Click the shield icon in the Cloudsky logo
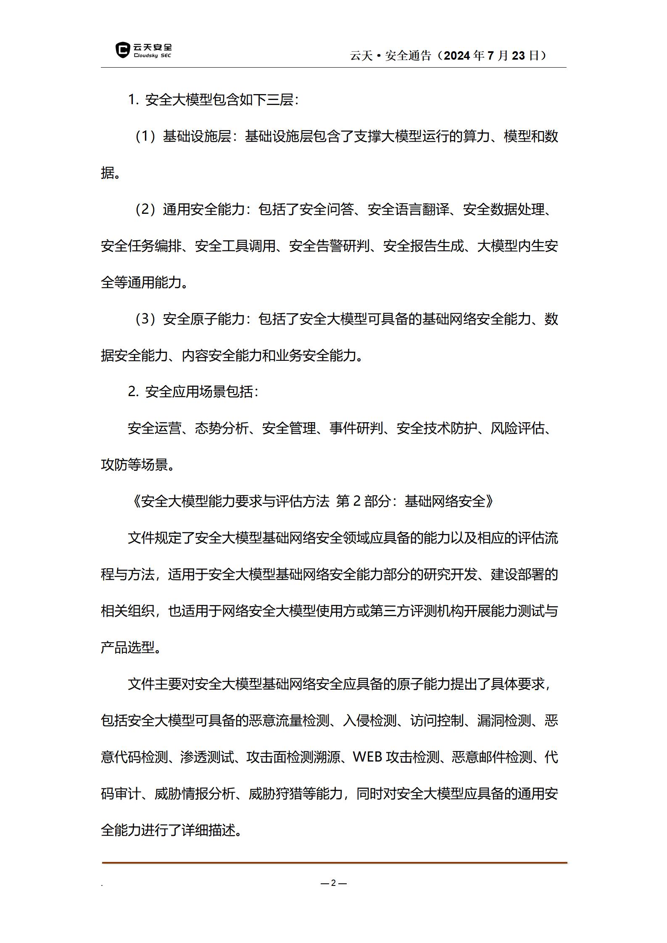tap(122, 50)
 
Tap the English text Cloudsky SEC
tap(152, 55)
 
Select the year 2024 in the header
tap(457, 55)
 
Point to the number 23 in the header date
tap(519, 55)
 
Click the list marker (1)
tap(145, 137)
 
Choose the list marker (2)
tap(145, 209)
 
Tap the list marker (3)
tap(145, 319)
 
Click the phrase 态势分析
tap(221, 428)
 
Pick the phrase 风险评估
tap(517, 428)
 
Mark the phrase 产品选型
tap(128, 647)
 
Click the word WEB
tap(367, 757)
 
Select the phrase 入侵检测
tap(370, 720)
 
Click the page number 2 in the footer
tap(333, 883)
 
